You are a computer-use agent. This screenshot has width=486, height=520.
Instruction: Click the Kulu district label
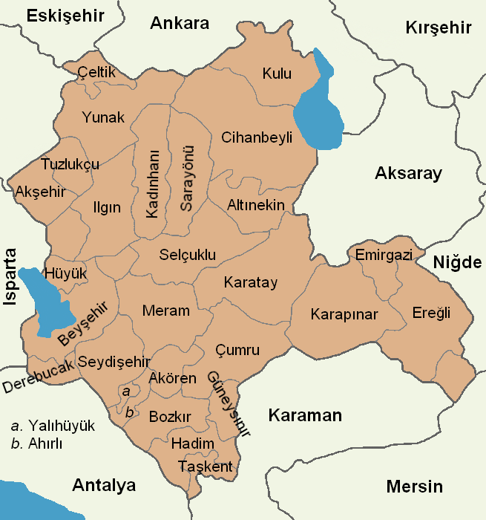coord(277,74)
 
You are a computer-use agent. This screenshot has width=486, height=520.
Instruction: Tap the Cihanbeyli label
coord(257,137)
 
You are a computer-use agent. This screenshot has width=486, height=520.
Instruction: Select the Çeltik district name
coord(96,72)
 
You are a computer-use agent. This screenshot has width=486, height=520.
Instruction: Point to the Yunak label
coord(103,117)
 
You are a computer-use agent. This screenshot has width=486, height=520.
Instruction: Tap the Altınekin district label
coord(255,204)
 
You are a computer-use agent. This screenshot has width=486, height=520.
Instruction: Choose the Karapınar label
coord(344,314)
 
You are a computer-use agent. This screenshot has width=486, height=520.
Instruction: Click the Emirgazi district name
coord(384,255)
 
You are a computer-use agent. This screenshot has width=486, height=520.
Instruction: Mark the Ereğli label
coord(431,313)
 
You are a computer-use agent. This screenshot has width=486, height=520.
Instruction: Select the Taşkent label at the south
coord(206,467)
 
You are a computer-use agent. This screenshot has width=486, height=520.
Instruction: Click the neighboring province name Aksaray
coord(408,174)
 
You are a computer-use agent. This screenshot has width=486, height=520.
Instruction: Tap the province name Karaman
coord(305,415)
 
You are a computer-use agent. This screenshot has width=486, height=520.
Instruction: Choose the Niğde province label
coord(458,262)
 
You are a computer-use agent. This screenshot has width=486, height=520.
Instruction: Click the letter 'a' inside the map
coord(126,390)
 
